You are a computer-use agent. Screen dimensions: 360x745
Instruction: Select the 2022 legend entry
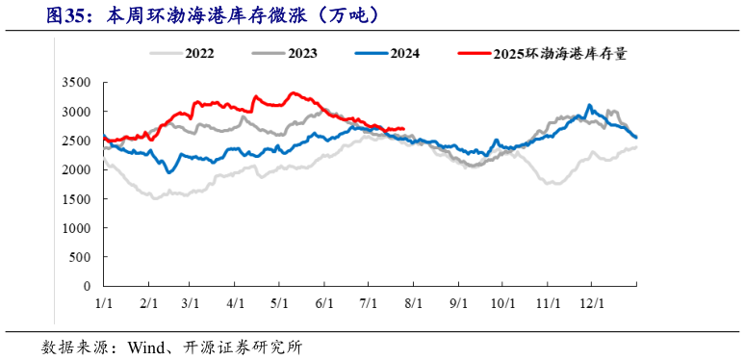click(x=198, y=55)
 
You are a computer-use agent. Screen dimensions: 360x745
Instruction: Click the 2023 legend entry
click(x=302, y=55)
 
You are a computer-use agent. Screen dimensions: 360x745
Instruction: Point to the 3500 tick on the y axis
click(x=76, y=83)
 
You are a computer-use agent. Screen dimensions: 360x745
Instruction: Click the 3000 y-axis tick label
click(x=76, y=112)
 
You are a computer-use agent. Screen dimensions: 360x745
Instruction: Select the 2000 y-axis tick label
click(x=76, y=169)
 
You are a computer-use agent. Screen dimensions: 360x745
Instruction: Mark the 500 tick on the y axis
click(x=81, y=257)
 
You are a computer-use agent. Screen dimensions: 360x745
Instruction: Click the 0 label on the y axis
click(x=88, y=286)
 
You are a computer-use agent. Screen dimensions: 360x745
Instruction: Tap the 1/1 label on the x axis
click(x=105, y=302)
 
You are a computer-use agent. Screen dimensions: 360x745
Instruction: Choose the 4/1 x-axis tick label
click(x=236, y=302)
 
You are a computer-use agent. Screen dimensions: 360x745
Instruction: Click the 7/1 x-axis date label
click(x=369, y=302)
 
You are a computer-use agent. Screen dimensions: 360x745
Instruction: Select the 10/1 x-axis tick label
click(x=501, y=302)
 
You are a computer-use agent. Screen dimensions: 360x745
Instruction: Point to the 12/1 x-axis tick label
click(x=589, y=302)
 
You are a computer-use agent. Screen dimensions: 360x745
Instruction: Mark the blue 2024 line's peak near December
click(x=590, y=105)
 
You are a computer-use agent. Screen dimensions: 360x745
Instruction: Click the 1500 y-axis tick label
click(x=76, y=199)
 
